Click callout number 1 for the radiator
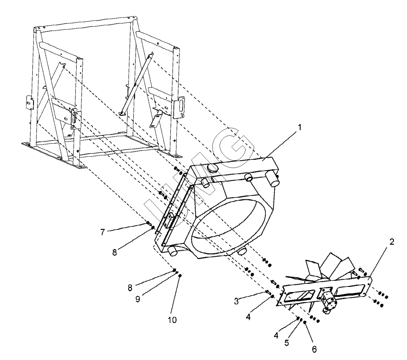300,128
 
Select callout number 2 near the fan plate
392,242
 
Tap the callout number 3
236,301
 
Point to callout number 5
287,343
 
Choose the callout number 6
314,350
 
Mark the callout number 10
172,320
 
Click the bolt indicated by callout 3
268,292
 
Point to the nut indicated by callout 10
180,275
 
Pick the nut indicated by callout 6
305,322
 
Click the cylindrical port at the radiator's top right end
272,179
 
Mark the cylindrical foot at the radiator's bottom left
172,251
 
